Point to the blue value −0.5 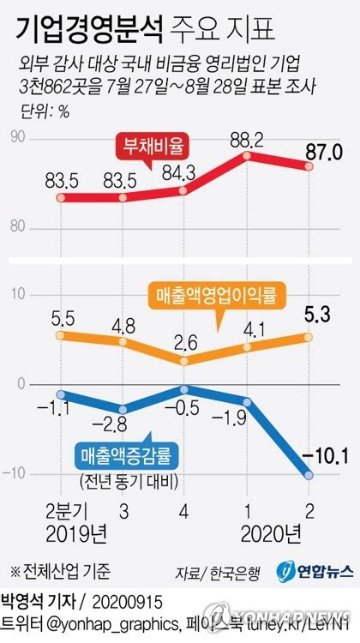(x=185, y=408)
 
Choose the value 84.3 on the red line (x=185, y=170)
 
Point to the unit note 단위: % (x=43, y=111)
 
